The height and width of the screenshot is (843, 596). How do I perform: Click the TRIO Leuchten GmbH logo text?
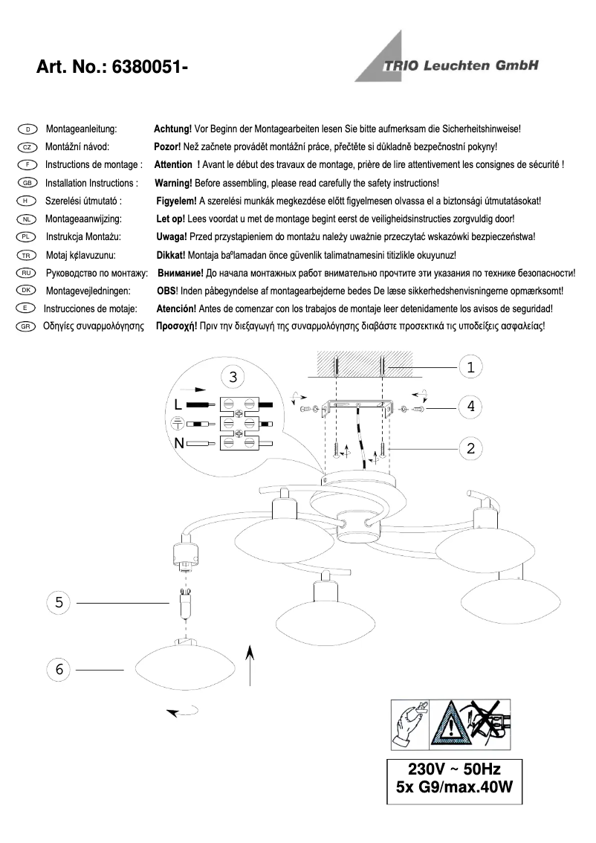click(460, 65)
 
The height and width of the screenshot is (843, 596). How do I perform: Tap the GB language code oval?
click(26, 183)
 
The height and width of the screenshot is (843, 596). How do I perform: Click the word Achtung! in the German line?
click(172, 129)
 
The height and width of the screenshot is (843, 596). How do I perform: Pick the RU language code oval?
click(26, 273)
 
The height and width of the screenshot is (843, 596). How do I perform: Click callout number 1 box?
click(470, 366)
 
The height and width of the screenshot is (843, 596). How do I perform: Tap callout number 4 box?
click(470, 407)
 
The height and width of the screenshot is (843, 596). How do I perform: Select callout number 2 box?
click(470, 448)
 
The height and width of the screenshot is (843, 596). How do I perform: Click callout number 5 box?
click(59, 602)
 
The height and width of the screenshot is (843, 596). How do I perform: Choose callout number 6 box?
click(59, 669)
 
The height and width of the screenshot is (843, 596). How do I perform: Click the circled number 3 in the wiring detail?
click(233, 377)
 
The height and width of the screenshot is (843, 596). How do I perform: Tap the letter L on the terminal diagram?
click(178, 406)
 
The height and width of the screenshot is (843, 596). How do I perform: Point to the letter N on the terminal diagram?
click(178, 444)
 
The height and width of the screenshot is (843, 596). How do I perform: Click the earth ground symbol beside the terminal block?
click(178, 424)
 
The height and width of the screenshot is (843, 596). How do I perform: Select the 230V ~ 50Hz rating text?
click(455, 769)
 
